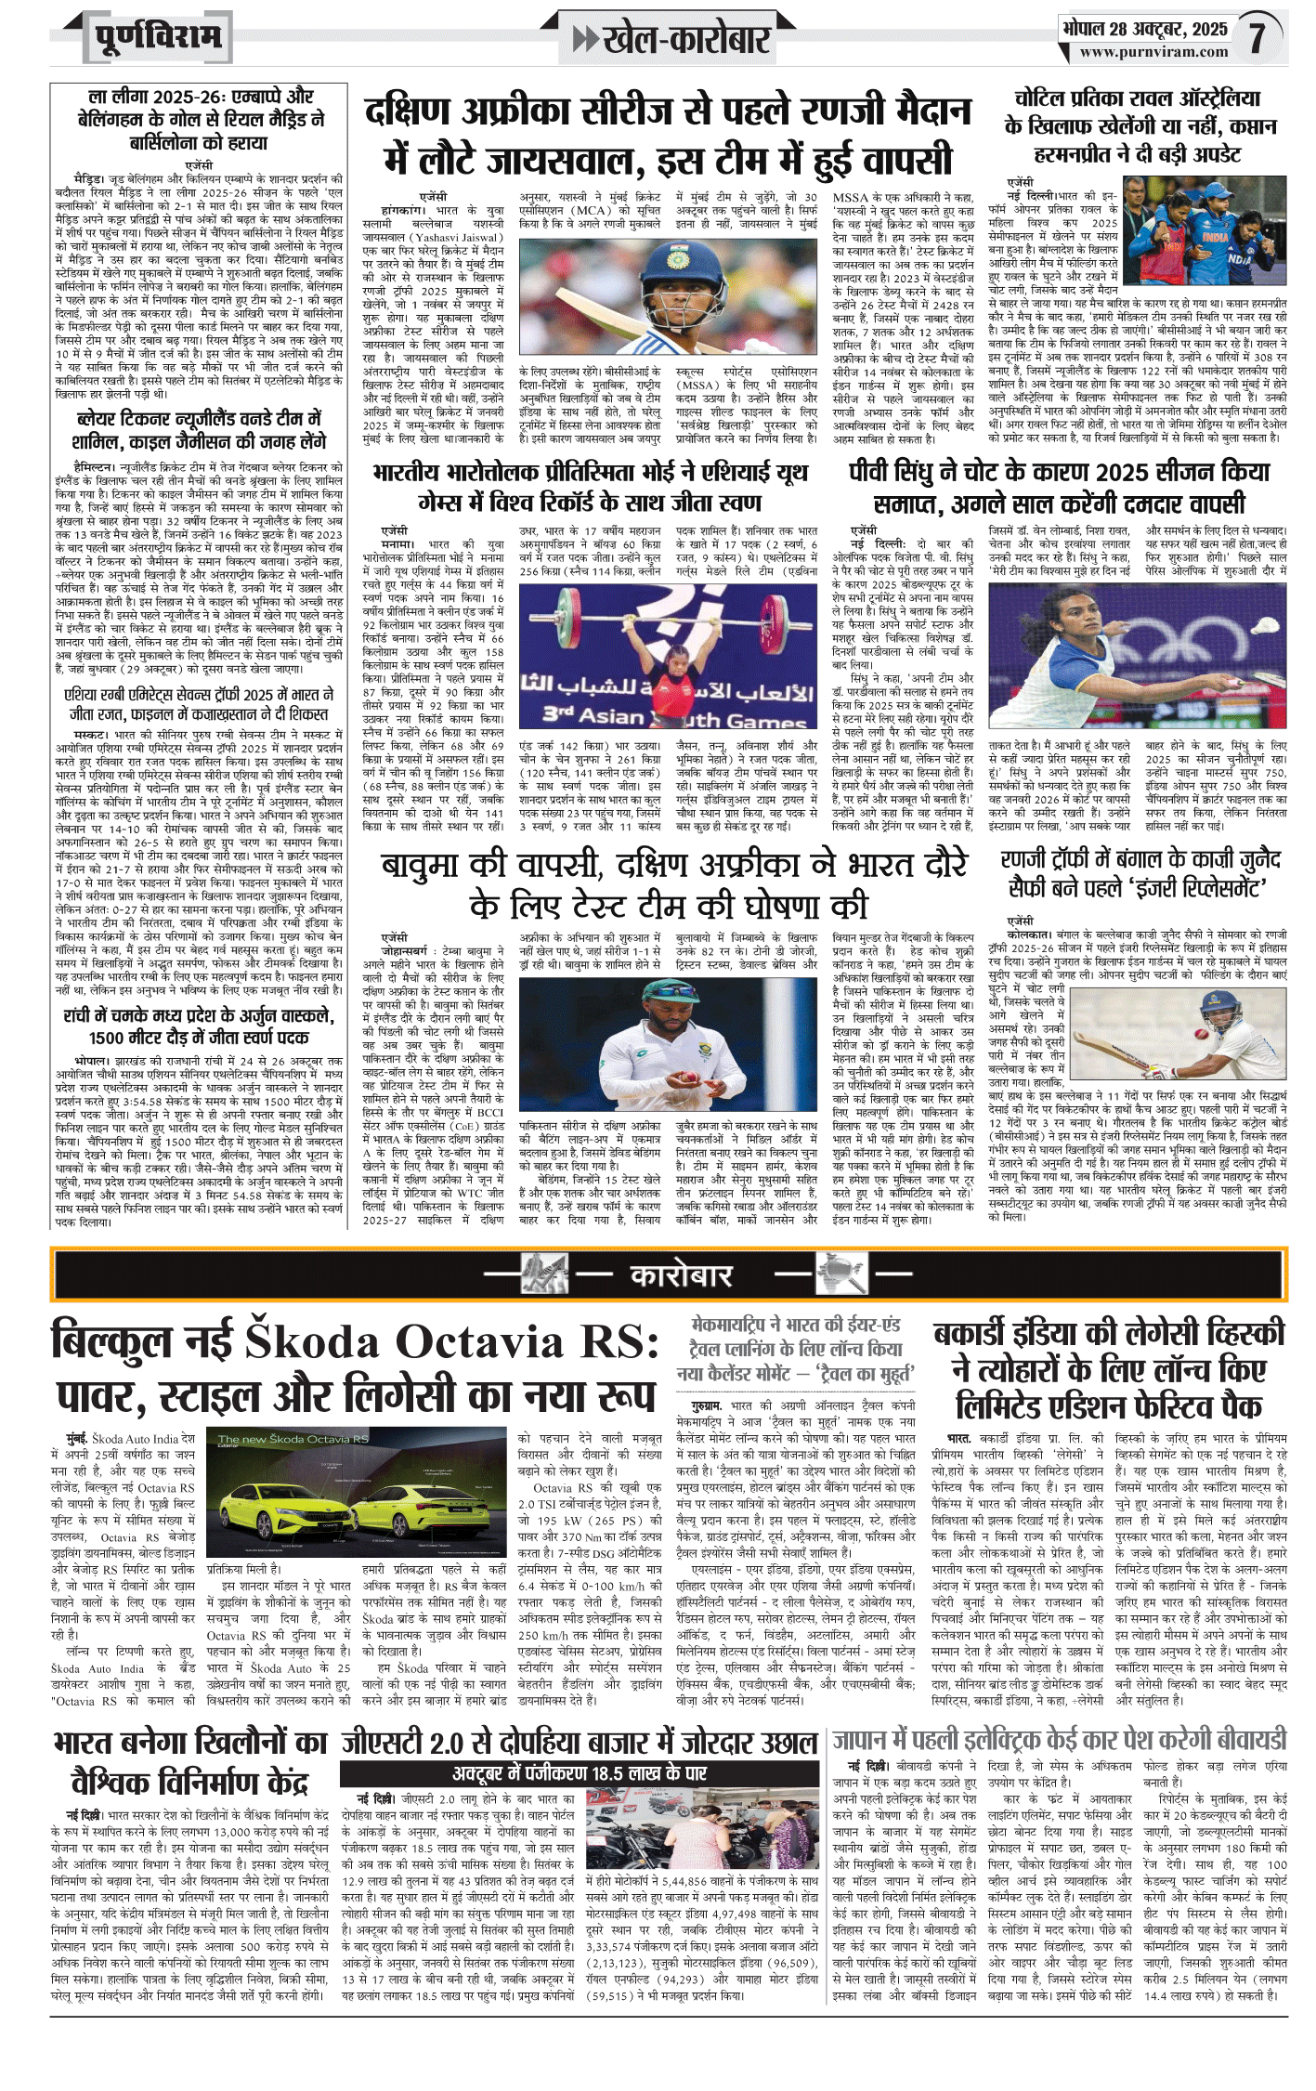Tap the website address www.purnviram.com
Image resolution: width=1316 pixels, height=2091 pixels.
tap(1153, 52)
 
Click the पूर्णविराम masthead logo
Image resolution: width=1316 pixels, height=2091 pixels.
tap(159, 37)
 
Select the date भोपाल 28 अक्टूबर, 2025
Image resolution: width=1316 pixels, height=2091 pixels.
tap(1145, 29)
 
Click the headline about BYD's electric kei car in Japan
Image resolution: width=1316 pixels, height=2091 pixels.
tap(1058, 1739)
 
